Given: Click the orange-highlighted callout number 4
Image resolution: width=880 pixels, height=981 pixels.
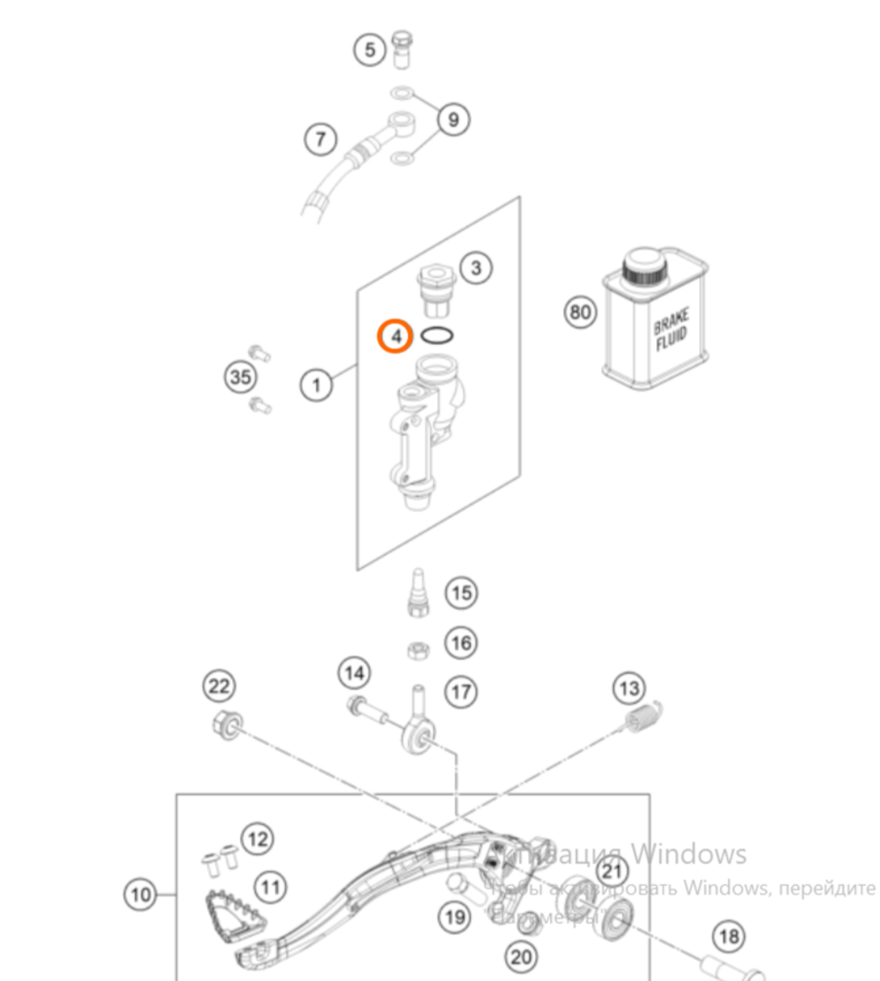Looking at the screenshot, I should pyautogui.click(x=395, y=336).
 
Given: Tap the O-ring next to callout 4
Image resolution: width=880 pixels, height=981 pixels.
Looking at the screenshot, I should pyautogui.click(x=438, y=335).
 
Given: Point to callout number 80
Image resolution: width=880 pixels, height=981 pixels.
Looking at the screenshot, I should pyautogui.click(x=580, y=311).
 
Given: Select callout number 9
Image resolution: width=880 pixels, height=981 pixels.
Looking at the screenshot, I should pyautogui.click(x=453, y=119).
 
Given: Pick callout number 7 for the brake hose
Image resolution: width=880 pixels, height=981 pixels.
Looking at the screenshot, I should pyautogui.click(x=321, y=139).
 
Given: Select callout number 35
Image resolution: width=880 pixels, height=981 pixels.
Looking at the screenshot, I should pyautogui.click(x=240, y=378).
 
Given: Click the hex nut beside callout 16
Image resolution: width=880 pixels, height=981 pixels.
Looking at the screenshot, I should pyautogui.click(x=417, y=650).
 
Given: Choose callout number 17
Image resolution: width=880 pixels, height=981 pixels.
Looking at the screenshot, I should pyautogui.click(x=461, y=692).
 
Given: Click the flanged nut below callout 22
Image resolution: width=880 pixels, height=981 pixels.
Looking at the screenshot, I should pyautogui.click(x=225, y=725).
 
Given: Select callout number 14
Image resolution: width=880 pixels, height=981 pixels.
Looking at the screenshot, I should pyautogui.click(x=354, y=674).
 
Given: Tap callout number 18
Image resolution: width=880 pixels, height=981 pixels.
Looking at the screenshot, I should pyautogui.click(x=729, y=937).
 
